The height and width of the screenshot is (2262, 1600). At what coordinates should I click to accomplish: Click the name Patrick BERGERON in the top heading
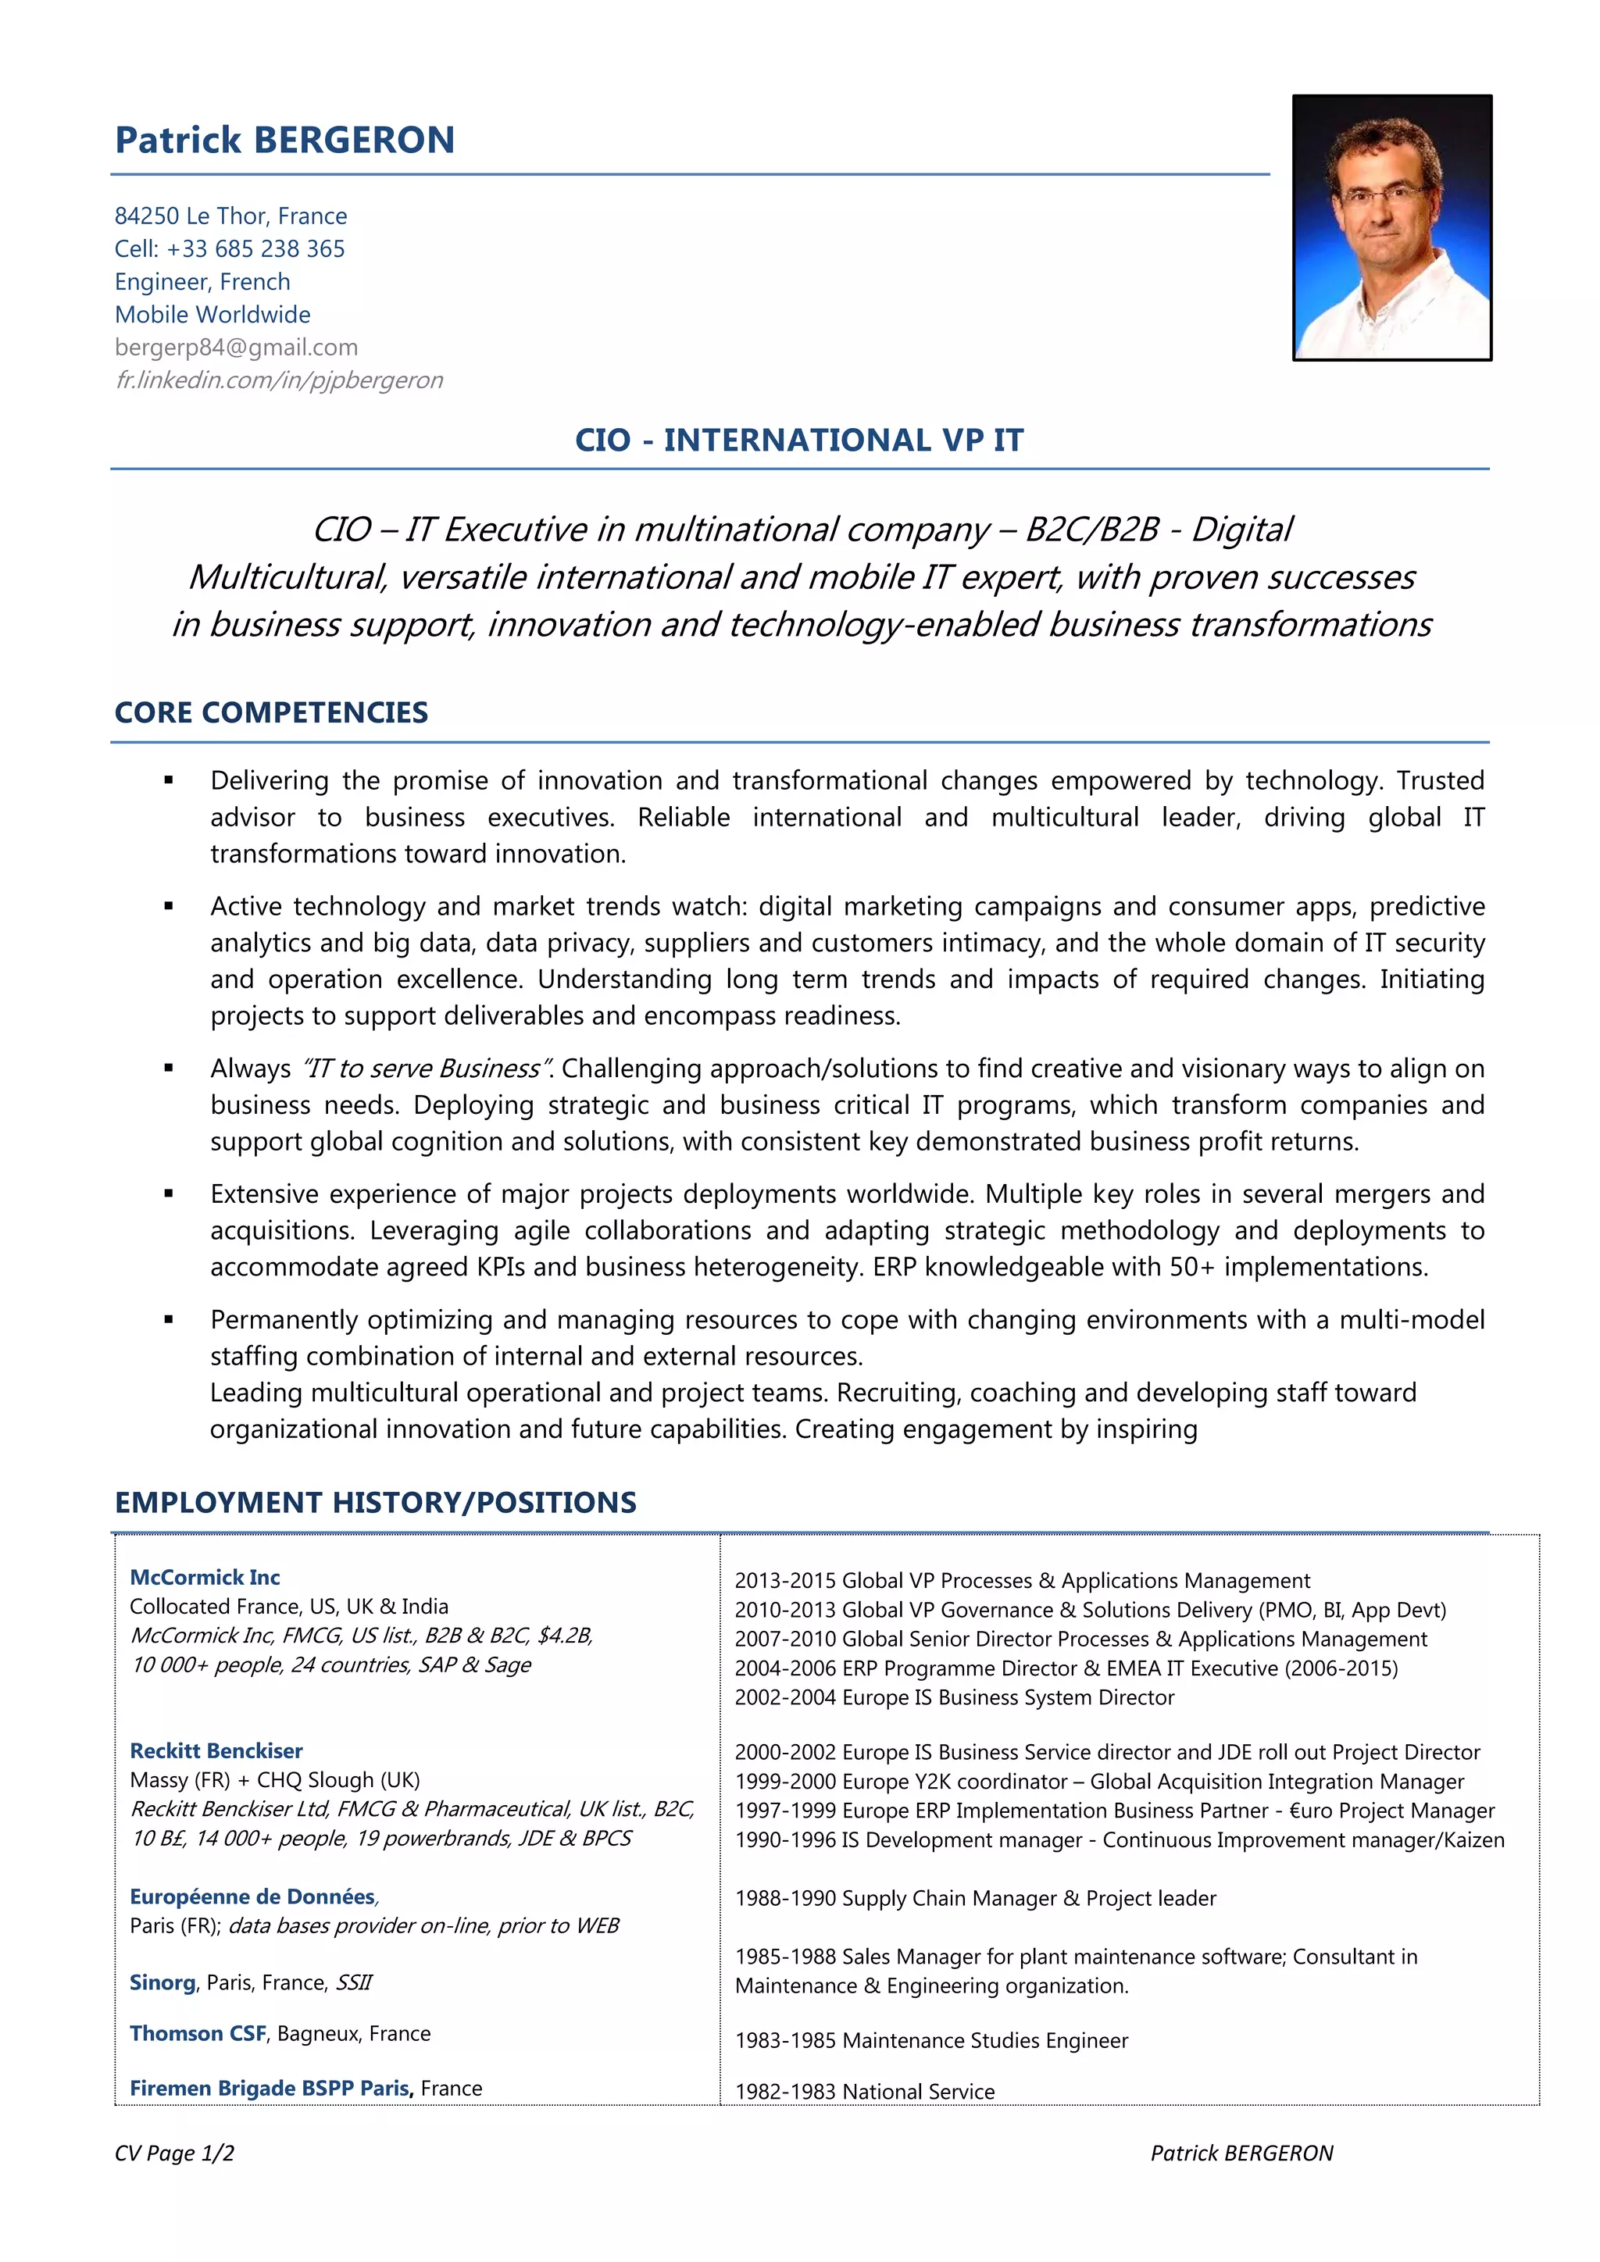point(284,141)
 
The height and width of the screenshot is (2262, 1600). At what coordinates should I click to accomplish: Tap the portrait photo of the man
point(1391,227)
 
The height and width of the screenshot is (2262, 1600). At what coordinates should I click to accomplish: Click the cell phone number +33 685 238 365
point(255,249)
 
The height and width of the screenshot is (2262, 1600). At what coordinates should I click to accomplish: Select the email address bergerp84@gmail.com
point(237,348)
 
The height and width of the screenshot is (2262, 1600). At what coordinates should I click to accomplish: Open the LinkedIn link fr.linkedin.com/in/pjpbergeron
point(279,380)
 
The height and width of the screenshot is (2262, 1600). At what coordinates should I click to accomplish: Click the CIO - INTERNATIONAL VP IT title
point(799,441)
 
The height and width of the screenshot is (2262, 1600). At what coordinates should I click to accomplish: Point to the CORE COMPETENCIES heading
point(271,712)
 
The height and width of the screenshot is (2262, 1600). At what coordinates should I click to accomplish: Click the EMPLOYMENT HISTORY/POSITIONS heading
point(375,1503)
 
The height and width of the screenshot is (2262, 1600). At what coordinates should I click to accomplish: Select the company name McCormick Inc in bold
point(205,1577)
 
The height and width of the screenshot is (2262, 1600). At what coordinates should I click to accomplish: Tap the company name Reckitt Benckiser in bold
point(216,1750)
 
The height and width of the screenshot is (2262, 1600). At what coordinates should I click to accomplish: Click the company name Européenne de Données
point(252,1896)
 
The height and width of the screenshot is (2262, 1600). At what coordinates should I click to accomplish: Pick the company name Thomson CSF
point(198,2033)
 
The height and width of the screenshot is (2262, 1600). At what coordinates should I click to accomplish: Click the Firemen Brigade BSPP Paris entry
point(270,2088)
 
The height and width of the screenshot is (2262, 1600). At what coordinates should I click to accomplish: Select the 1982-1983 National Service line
point(864,2091)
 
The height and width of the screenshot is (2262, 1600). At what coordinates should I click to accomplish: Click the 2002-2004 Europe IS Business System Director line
point(954,1697)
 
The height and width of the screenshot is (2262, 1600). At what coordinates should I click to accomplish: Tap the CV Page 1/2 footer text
point(174,2153)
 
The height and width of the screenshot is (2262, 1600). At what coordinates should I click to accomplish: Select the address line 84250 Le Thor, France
point(230,216)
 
